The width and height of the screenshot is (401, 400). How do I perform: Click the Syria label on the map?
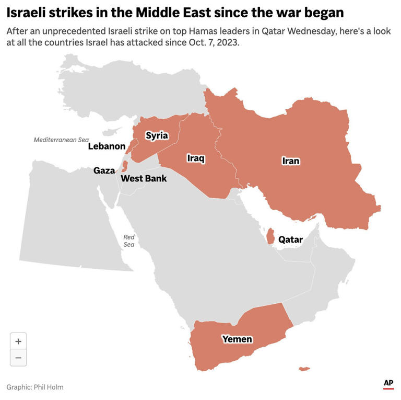pos(157,135)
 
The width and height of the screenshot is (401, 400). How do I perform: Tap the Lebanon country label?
pos(107,146)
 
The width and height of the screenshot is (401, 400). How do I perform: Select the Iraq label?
pos(196,158)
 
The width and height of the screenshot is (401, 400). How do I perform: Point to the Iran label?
pos(291,161)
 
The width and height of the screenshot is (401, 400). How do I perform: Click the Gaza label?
pos(104,170)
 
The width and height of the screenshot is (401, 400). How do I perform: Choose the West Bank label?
pos(144,179)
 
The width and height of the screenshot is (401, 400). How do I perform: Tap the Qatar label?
pos(290,239)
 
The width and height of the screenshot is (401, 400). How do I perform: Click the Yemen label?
pos(237,339)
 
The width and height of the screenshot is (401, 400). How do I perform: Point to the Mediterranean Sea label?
pos(61,140)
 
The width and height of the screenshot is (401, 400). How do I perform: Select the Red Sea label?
pos(129,241)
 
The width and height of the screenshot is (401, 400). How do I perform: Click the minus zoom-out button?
pos(18,358)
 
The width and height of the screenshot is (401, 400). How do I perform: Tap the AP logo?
pos(388,384)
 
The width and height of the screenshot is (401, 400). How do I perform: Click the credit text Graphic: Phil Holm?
pos(35,387)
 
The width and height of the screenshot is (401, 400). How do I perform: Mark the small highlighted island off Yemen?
pos(302,369)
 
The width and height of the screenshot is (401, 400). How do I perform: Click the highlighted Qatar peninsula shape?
pos(270,237)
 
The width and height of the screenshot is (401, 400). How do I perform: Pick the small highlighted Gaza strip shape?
pos(124,167)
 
